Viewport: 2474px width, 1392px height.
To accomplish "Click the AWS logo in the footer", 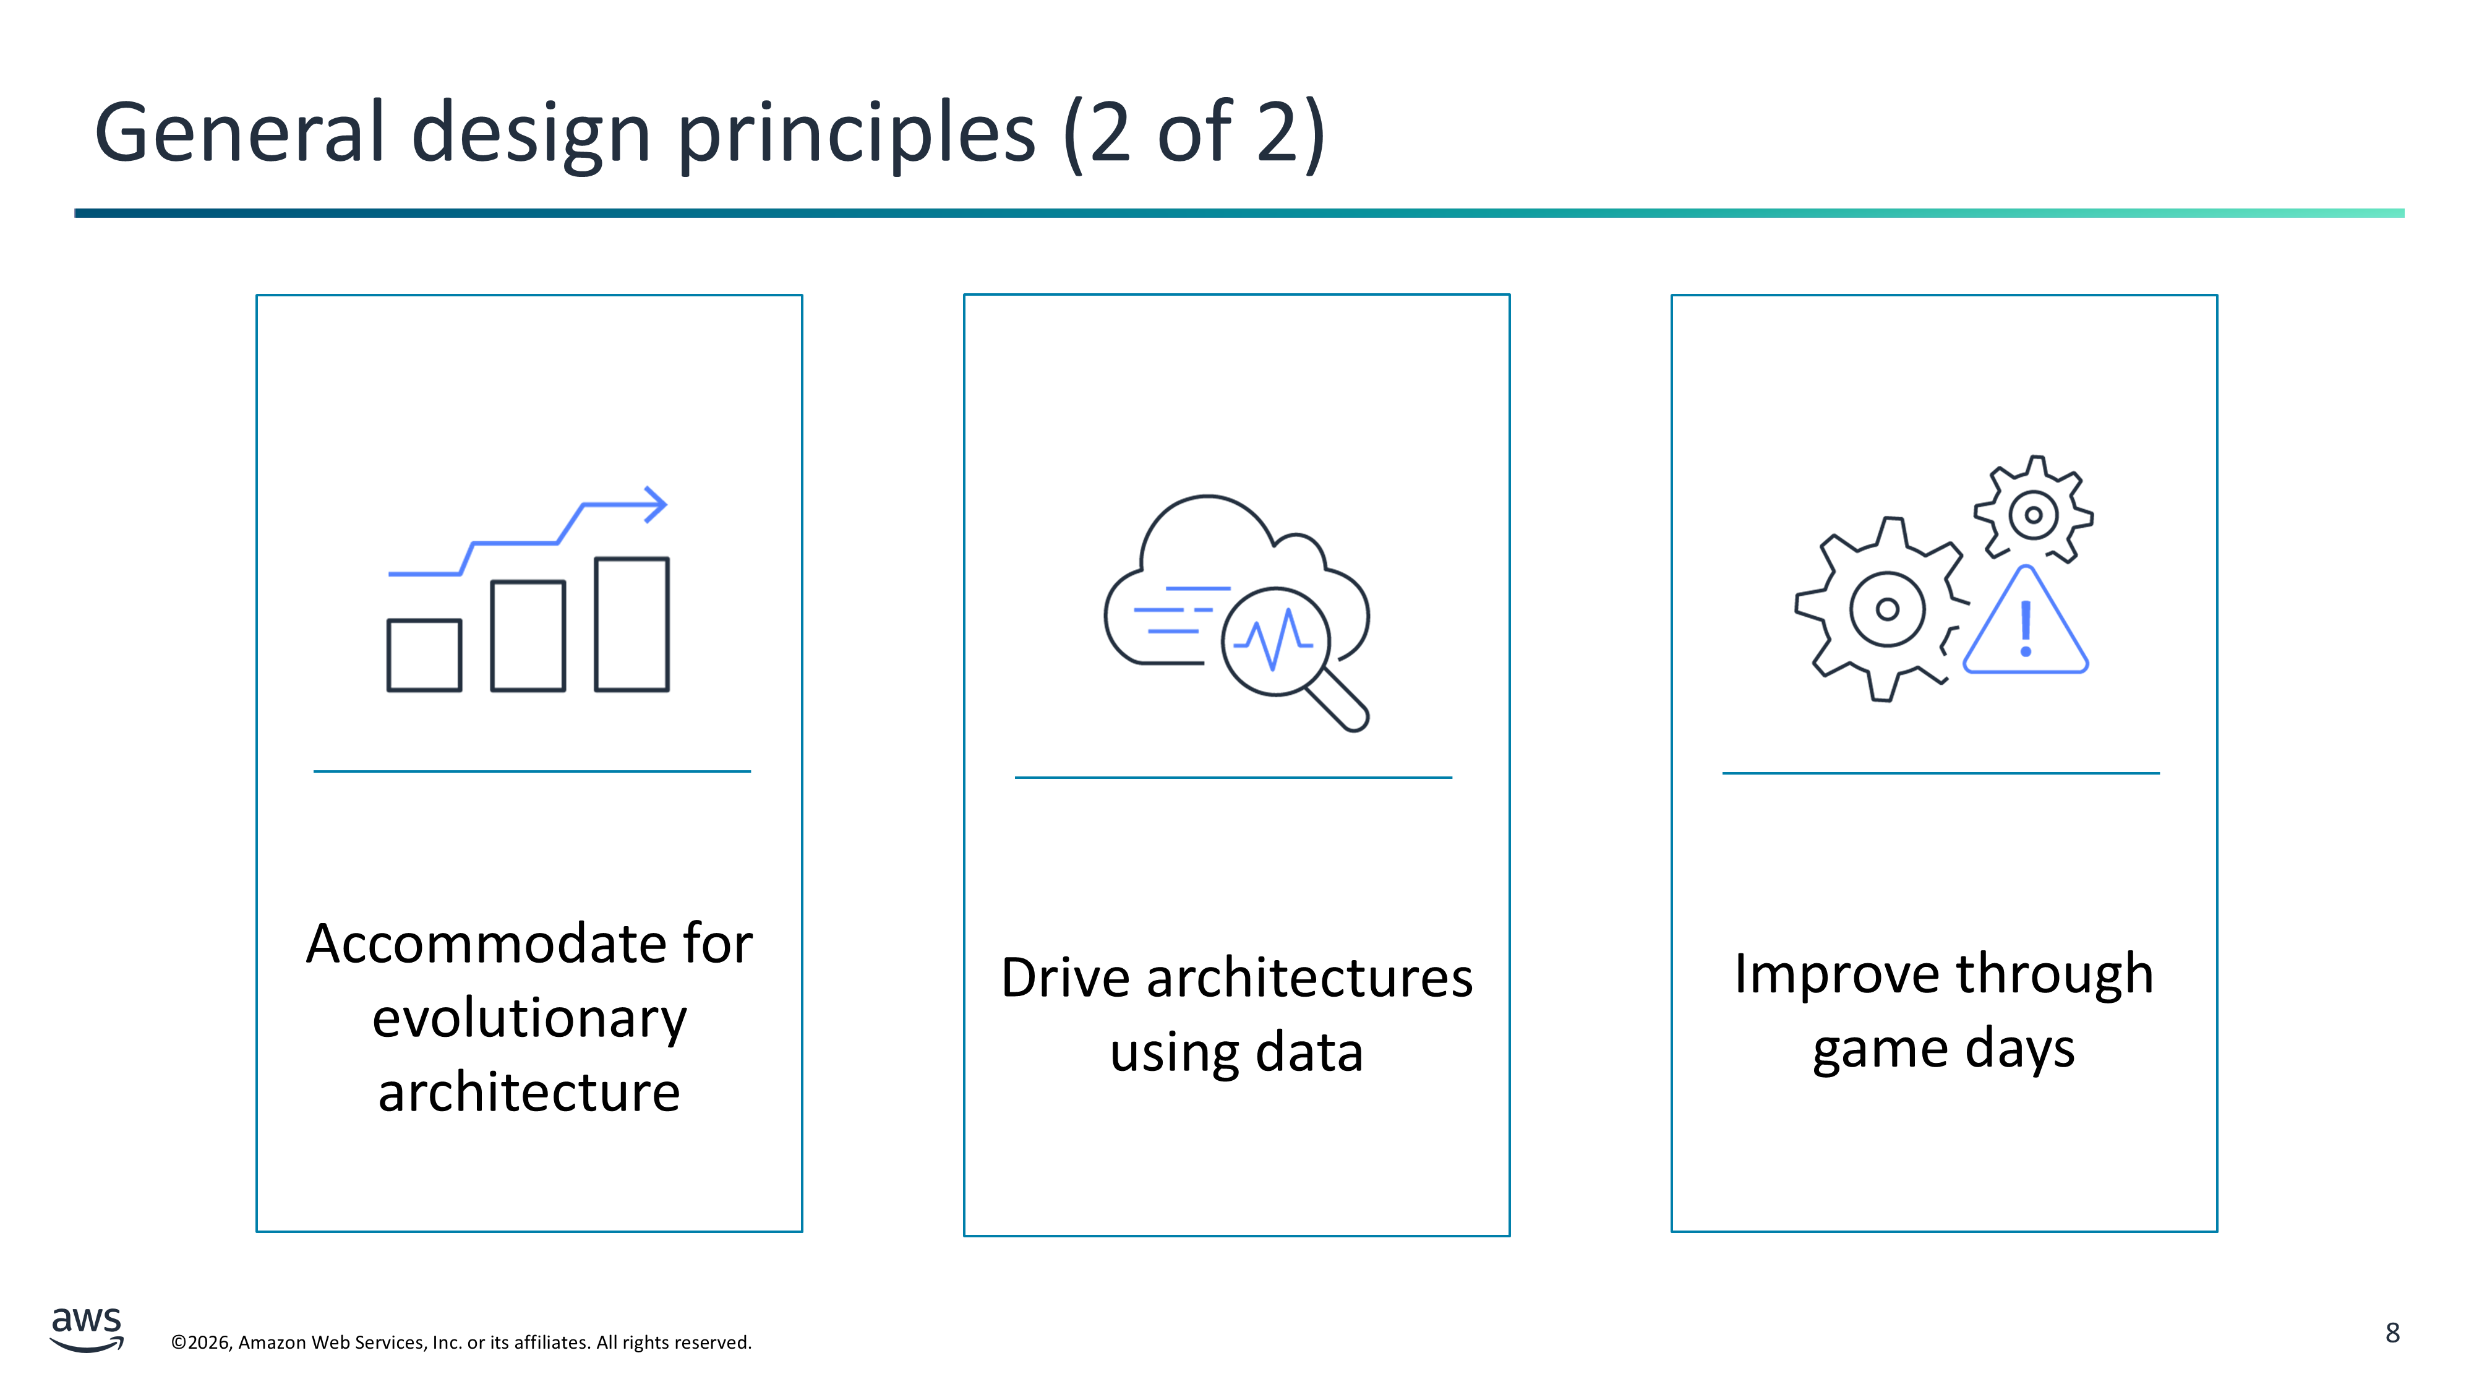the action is (87, 1330).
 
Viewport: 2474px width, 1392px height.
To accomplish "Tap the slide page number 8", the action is (2392, 1333).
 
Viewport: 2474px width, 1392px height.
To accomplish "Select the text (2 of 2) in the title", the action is (1195, 134).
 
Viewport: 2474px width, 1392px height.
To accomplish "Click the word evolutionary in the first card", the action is (529, 1020).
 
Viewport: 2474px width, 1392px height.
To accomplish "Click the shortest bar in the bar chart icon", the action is (424, 655).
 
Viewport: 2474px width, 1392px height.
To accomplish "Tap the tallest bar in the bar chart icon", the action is (632, 624).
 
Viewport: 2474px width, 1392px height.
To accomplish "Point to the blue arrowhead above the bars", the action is (656, 504).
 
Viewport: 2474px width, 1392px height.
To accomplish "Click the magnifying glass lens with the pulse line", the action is (1275, 642).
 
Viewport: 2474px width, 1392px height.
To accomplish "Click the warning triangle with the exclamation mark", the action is (2026, 622).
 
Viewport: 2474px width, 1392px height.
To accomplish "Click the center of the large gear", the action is (1887, 609).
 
